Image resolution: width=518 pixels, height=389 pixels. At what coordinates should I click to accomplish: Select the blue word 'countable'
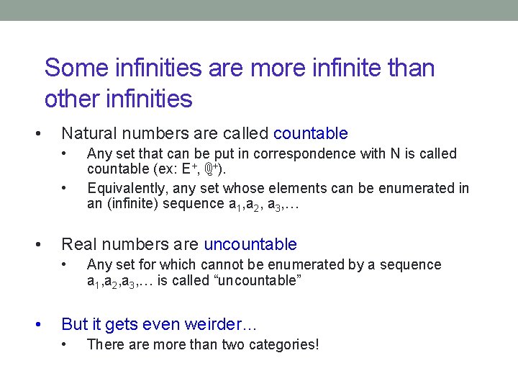point(311,133)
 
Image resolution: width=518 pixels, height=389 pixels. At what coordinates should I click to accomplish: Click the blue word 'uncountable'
point(250,245)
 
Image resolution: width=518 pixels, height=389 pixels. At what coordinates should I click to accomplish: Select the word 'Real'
point(77,245)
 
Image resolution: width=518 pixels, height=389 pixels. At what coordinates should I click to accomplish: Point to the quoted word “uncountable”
point(253,281)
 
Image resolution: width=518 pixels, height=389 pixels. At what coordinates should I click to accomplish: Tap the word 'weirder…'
point(224,324)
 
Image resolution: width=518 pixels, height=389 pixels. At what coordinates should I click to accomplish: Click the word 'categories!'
point(283,344)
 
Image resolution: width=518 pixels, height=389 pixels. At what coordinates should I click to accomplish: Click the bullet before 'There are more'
point(65,344)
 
